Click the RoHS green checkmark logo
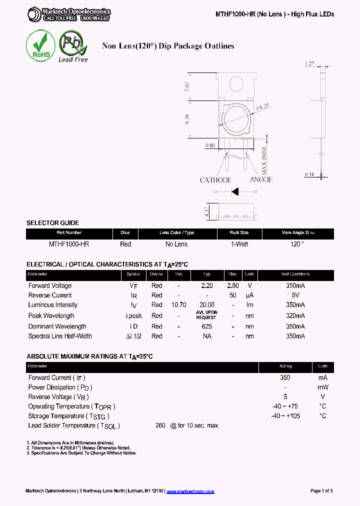tap(40, 46)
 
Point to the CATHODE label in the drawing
tap(215, 180)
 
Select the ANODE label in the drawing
tap(260, 179)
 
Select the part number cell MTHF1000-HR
tap(69, 244)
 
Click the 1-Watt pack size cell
tap(239, 244)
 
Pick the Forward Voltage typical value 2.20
tap(206, 285)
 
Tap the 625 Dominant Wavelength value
tap(206, 326)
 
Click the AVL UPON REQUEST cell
tap(206, 315)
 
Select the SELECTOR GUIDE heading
tap(52, 223)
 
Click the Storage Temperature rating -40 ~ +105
tap(285, 416)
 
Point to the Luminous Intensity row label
tap(53, 305)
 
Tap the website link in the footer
tap(190, 491)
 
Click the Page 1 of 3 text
tap(321, 491)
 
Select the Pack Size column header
tap(239, 233)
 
